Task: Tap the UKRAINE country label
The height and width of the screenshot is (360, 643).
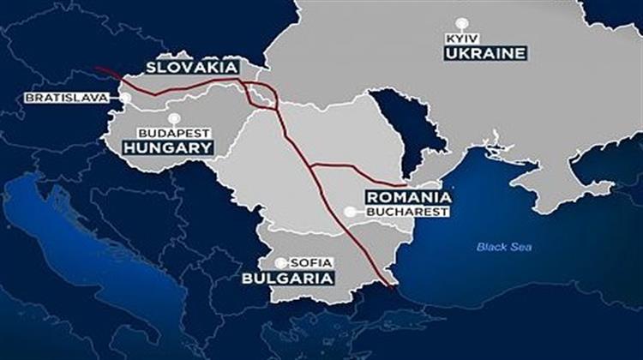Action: [x=483, y=54]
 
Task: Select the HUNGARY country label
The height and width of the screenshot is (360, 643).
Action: [x=167, y=147]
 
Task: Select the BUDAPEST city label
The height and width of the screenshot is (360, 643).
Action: [x=176, y=133]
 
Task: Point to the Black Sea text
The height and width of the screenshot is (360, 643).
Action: [x=504, y=248]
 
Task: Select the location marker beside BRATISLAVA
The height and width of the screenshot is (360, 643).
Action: [x=125, y=98]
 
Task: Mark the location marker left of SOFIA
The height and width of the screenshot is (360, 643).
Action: [x=280, y=262]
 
